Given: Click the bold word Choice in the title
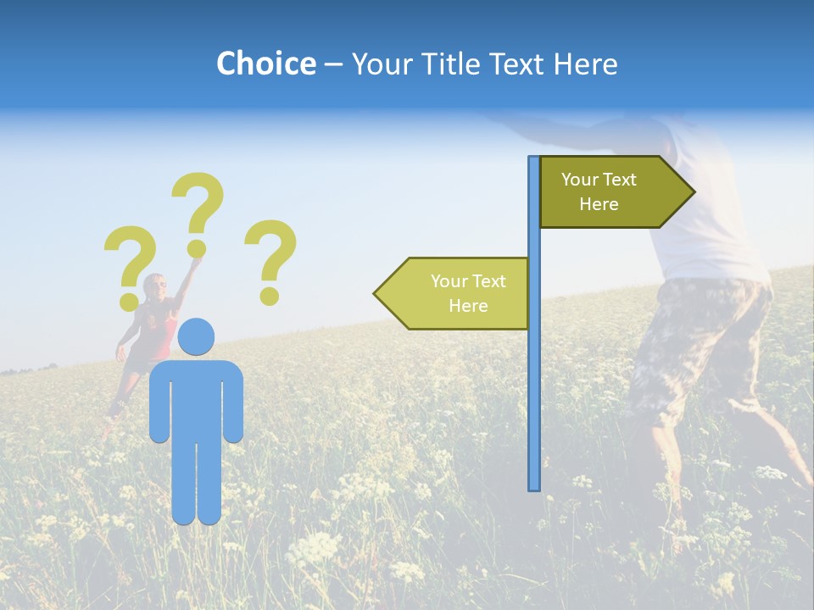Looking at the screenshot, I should point(265,64).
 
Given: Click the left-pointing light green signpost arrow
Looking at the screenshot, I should point(454,293).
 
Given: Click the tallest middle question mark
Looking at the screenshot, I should point(200,203).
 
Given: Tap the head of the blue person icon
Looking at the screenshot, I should point(196,336).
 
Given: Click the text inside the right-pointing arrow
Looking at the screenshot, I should point(599,191).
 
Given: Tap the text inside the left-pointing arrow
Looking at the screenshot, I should point(468,293).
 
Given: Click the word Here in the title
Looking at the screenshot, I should point(586,64).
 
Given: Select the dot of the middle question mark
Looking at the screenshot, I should point(197,248).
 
